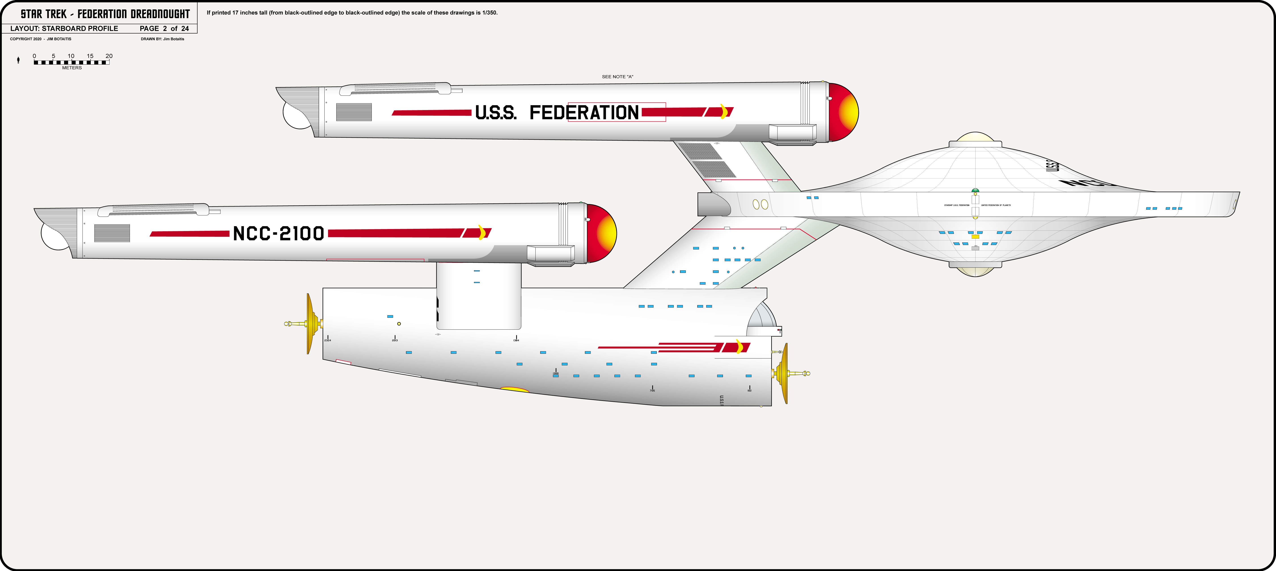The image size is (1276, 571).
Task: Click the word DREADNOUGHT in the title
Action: pyautogui.click(x=160, y=14)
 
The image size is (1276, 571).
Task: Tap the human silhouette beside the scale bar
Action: pyautogui.click(x=18, y=60)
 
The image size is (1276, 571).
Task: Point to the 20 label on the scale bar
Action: pyautogui.click(x=109, y=56)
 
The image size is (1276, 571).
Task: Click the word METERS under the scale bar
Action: pyautogui.click(x=72, y=68)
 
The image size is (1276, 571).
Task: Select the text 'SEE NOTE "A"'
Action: pyautogui.click(x=617, y=77)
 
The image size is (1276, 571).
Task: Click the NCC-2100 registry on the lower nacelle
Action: pyautogui.click(x=278, y=233)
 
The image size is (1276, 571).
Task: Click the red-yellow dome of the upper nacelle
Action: pyautogui.click(x=844, y=112)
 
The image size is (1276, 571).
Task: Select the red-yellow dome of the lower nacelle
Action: pyautogui.click(x=602, y=233)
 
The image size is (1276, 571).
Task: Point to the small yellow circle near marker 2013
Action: pyautogui.click(x=399, y=324)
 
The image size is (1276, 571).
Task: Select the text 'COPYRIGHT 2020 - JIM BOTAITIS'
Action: pyautogui.click(x=41, y=39)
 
